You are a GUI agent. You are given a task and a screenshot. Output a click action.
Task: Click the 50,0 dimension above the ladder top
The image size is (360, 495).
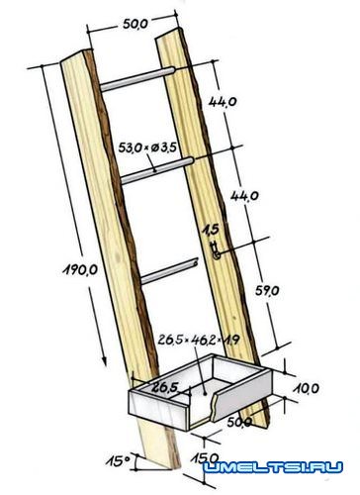point(135,24)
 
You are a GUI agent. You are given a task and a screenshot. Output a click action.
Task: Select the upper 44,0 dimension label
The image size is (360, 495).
point(223,102)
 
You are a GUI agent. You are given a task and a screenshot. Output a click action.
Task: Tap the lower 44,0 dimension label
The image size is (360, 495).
point(244,196)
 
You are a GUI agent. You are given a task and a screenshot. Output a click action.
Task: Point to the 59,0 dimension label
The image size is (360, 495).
point(267,290)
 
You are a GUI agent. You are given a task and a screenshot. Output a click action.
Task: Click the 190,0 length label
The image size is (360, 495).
point(80,270)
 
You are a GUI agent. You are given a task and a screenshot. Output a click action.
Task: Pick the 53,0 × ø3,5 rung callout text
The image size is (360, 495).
point(147,148)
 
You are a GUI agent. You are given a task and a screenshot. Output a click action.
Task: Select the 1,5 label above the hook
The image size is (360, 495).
point(211,230)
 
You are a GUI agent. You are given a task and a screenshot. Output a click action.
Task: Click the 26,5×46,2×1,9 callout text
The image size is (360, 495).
point(199,340)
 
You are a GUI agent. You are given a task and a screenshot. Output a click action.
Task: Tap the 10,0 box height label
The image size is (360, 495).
point(306,388)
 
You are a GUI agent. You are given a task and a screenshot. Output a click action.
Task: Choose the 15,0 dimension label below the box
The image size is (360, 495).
point(205,458)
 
